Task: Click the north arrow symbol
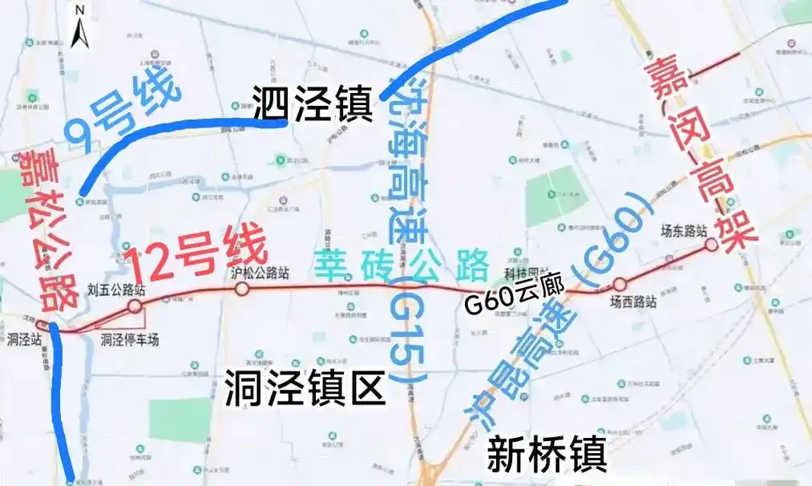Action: click(x=80, y=29)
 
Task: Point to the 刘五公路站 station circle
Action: click(x=135, y=306)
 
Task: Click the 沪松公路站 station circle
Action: click(x=242, y=289)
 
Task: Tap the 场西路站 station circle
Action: click(x=620, y=285)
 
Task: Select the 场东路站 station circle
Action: click(x=711, y=244)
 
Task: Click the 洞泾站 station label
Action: click(x=24, y=339)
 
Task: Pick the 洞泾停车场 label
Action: click(x=130, y=340)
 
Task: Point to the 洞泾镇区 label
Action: click(x=305, y=390)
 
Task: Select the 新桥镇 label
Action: click(x=546, y=454)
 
